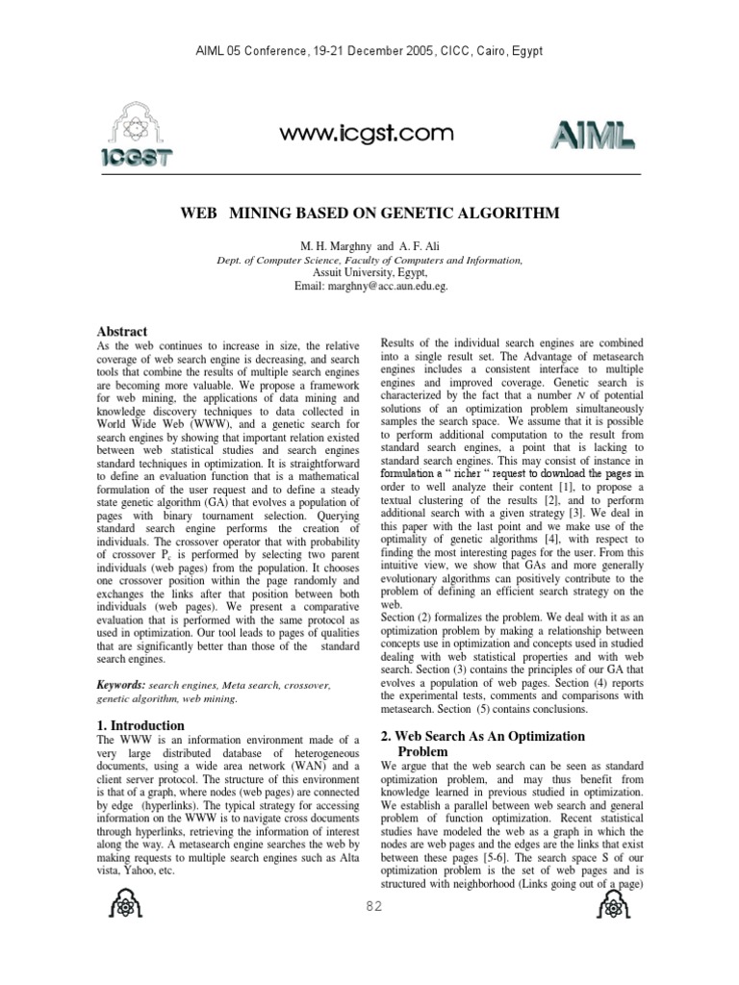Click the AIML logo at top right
(x=592, y=138)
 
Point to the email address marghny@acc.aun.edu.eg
(x=370, y=287)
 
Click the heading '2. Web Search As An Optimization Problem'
(x=483, y=743)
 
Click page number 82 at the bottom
(x=369, y=906)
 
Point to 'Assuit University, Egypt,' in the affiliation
(x=369, y=273)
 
